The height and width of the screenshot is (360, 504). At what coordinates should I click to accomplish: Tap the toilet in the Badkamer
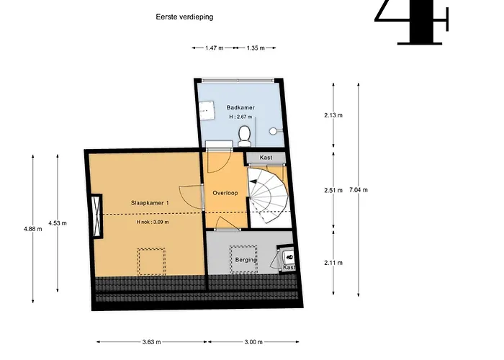click(245, 132)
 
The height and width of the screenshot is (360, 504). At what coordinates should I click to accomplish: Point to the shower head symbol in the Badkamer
click(274, 132)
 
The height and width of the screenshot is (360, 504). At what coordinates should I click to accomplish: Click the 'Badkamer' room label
click(240, 107)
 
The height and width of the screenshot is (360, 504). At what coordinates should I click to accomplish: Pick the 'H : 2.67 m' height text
click(241, 117)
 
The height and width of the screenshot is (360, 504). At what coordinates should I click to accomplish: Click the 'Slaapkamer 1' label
click(150, 203)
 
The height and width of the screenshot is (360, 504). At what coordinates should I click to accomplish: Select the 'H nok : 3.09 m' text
click(152, 222)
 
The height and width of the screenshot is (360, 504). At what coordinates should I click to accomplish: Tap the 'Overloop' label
click(225, 193)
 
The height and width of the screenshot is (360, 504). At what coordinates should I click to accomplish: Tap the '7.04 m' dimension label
click(358, 190)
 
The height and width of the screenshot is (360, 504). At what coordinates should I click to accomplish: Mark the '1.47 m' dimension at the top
click(211, 48)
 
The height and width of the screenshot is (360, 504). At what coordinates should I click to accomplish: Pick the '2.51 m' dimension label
click(333, 190)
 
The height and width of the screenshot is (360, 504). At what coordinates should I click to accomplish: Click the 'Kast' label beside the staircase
click(266, 158)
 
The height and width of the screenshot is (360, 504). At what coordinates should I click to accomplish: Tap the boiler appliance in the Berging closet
click(289, 256)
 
